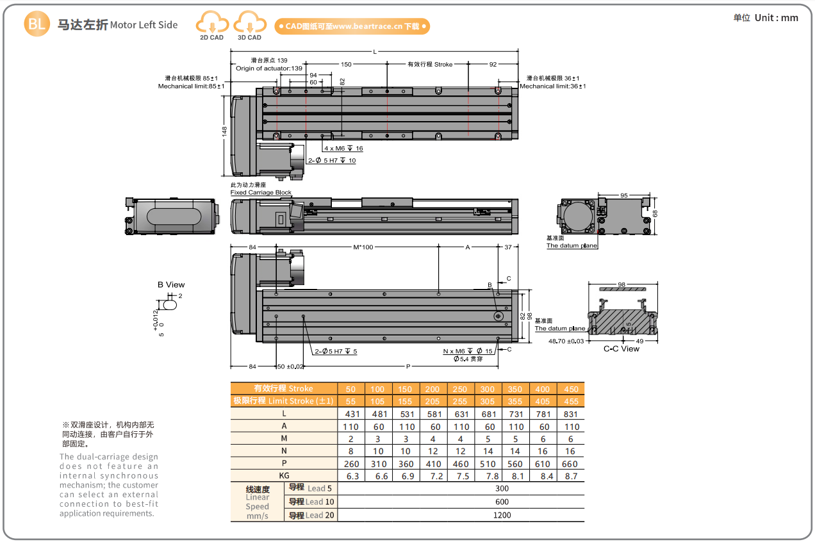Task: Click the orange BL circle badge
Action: click(36, 24)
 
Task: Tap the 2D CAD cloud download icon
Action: click(211, 23)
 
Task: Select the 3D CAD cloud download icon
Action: click(249, 23)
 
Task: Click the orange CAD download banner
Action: click(352, 26)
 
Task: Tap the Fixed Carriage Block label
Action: click(261, 192)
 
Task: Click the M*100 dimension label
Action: click(363, 247)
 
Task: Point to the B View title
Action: click(171, 285)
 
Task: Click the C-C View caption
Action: click(622, 349)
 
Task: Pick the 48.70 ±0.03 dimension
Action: click(566, 341)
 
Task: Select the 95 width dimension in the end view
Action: click(624, 195)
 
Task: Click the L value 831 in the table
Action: click(571, 414)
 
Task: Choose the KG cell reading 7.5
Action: click(461, 476)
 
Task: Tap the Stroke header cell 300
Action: click(488, 389)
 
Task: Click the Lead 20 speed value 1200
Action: click(502, 515)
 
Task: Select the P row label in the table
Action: click(284, 463)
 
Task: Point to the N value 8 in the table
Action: click(350, 451)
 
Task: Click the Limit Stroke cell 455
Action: click(571, 401)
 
